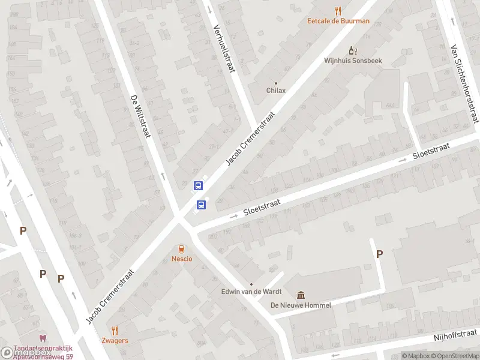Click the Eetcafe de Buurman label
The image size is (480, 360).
click(338, 21)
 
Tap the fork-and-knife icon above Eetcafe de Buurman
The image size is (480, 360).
click(338, 10)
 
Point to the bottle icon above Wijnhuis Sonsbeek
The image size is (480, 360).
click(353, 50)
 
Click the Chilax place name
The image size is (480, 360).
click(276, 91)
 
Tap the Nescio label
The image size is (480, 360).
click(181, 259)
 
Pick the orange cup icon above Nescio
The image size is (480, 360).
click(181, 248)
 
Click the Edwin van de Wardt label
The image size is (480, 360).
click(251, 293)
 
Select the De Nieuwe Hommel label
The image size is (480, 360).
click(301, 305)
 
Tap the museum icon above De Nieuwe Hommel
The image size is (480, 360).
click(301, 295)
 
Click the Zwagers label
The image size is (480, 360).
click(115, 340)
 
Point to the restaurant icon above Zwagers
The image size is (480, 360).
click(115, 330)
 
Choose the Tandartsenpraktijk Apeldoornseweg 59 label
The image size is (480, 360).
click(43, 352)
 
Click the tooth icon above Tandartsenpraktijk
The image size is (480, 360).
click(42, 338)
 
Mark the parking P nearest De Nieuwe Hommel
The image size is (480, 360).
click(379, 254)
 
